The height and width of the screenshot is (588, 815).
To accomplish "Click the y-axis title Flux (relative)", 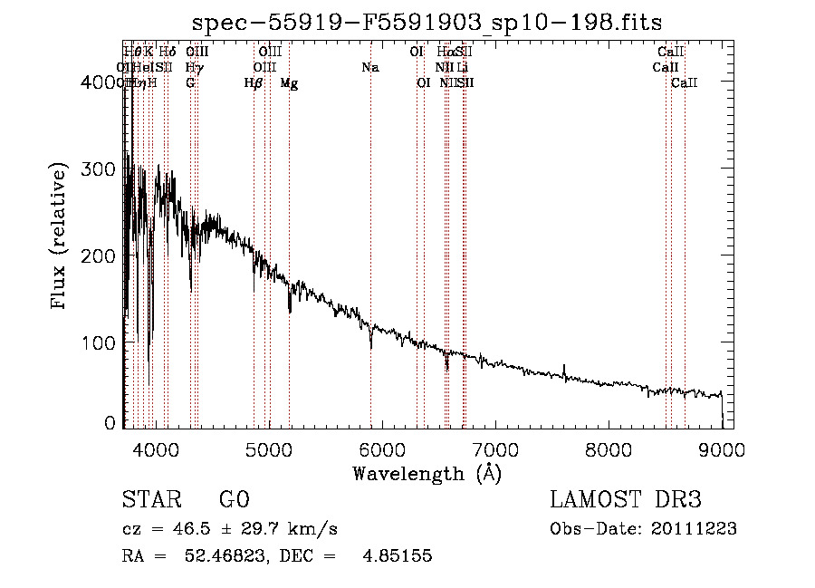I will click(61, 238).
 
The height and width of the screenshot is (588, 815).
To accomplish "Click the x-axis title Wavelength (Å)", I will click(427, 473).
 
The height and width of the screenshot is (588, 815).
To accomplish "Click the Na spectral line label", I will click(369, 67).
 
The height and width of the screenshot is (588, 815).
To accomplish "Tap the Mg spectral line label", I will click(289, 83).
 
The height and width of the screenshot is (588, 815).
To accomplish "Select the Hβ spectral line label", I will click(254, 83).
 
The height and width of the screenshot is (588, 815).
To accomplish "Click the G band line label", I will click(190, 83).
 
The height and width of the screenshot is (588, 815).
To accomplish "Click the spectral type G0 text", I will click(234, 500).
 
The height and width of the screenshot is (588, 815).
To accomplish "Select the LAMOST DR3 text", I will click(626, 500).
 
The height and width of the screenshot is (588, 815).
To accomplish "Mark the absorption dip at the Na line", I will click(370, 345).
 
